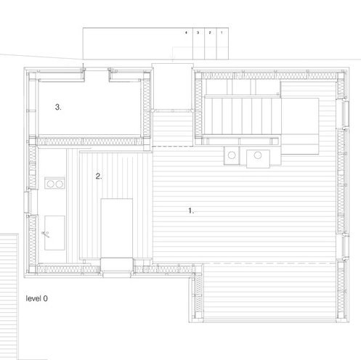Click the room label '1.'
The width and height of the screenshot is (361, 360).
(191, 210)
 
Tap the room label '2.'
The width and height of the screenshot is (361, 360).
(99, 176)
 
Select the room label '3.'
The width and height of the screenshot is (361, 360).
(58, 107)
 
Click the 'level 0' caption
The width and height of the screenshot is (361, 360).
(36, 298)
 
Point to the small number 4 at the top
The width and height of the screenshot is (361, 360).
(186, 33)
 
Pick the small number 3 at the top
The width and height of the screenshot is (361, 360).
(198, 33)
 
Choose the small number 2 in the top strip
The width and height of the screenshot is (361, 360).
(210, 33)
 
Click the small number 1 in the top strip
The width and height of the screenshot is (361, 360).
(222, 33)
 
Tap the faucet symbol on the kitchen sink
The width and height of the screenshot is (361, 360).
(45, 234)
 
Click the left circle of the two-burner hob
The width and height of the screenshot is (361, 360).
(50, 184)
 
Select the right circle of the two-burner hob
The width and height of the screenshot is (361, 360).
(60, 184)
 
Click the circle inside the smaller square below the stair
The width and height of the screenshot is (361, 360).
(232, 155)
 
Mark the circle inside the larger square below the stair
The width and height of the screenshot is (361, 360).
(258, 155)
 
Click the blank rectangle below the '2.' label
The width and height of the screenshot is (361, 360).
(117, 228)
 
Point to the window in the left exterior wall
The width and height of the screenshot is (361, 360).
(28, 202)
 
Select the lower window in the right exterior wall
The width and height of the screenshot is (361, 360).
(345, 246)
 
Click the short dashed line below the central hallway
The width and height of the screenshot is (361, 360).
(172, 147)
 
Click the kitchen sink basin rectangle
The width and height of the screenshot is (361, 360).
(54, 233)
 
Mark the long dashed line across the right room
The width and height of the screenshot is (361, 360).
(245, 263)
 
